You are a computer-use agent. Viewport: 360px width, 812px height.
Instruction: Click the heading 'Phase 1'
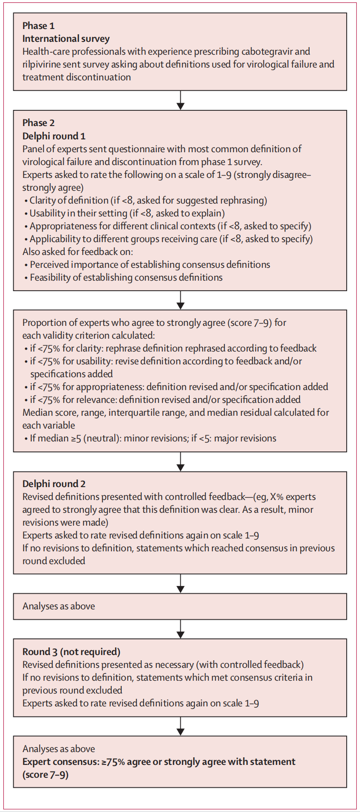pyautogui.click(x=39, y=26)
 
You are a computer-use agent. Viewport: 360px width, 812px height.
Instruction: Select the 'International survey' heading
pyautogui.click(x=66, y=39)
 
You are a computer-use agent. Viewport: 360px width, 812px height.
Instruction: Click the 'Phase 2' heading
pyautogui.click(x=39, y=123)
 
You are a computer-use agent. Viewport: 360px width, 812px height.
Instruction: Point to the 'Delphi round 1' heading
pyautogui.click(x=54, y=136)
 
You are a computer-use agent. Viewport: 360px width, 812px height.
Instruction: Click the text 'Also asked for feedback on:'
pyautogui.click(x=78, y=252)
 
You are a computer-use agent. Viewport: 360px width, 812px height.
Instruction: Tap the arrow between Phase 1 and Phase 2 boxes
pyautogui.click(x=180, y=100)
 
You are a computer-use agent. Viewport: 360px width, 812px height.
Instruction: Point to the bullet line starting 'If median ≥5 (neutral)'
pyautogui.click(x=149, y=438)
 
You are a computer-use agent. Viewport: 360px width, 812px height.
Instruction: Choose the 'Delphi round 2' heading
pyautogui.click(x=54, y=484)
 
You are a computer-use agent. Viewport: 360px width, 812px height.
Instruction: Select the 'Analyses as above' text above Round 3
pyautogui.click(x=58, y=606)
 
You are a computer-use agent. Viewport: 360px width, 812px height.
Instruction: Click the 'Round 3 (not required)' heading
pyautogui.click(x=71, y=652)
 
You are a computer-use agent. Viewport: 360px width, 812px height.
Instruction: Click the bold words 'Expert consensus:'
pyautogui.click(x=60, y=762)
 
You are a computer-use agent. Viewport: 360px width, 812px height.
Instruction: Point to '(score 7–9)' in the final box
pyautogui.click(x=45, y=774)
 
